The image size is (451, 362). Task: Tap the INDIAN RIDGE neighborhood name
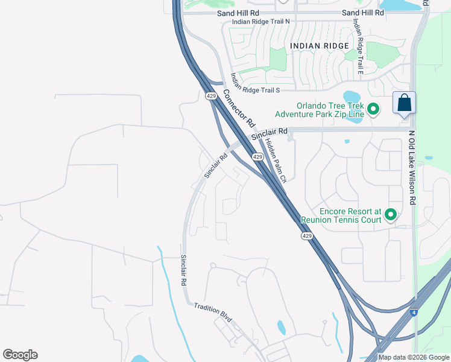319,46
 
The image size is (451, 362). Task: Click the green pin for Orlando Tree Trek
373,109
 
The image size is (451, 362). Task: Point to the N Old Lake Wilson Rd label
412,168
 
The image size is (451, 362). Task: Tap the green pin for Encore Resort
391,214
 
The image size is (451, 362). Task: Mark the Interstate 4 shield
414,313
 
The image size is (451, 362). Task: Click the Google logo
20,355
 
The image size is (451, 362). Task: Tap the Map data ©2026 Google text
414,357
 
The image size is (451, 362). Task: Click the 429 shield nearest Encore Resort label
306,236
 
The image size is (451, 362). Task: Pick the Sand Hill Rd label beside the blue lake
362,12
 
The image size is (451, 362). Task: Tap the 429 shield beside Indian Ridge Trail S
210,96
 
